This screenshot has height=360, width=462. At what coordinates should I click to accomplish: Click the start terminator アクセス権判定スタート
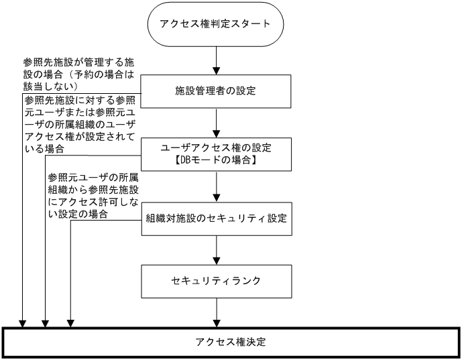click(x=215, y=25)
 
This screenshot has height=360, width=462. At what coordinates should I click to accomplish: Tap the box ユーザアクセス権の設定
click(x=216, y=154)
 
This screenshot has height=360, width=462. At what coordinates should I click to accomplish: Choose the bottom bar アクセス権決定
click(x=231, y=342)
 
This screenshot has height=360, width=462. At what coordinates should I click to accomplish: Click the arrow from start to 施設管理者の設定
click(x=216, y=60)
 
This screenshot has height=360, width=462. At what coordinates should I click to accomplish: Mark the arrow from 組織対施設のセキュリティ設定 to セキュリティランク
click(x=216, y=250)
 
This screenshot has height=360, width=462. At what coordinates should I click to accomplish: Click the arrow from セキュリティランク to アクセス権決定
click(x=216, y=312)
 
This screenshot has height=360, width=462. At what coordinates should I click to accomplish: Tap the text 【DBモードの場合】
click(x=216, y=162)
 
